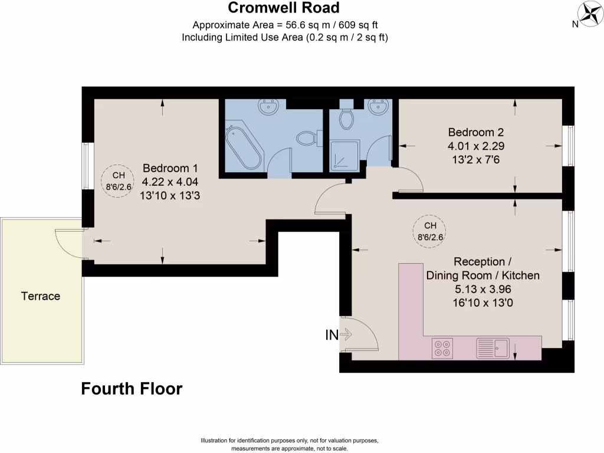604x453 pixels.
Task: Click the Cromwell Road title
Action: pos(284,8)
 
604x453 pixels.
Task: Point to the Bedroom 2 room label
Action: pos(476,132)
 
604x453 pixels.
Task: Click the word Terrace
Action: pos(41,296)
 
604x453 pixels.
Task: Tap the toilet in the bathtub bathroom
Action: pos(306,138)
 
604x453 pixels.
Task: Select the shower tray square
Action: pos(343,156)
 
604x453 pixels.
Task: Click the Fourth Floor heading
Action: pos(132,389)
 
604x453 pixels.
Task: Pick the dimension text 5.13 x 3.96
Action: pos(483,290)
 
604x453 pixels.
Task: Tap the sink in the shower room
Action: pos(377,107)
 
